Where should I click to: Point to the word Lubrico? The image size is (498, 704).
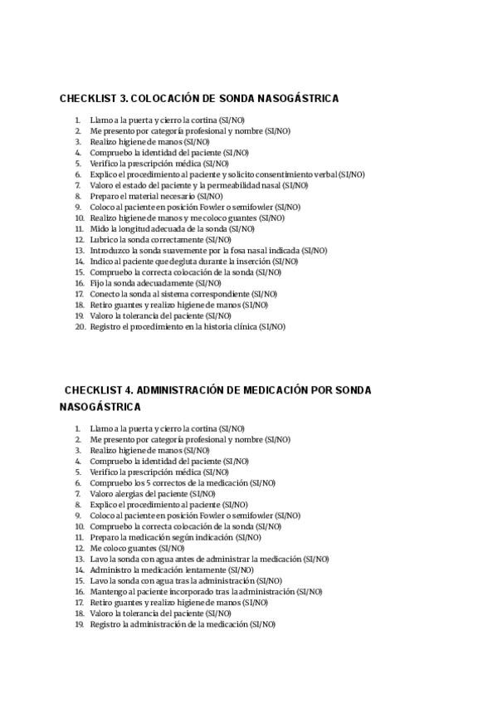[105, 240]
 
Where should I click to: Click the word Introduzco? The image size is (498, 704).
[110, 251]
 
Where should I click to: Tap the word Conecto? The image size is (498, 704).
[105, 294]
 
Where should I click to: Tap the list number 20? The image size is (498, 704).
[80, 327]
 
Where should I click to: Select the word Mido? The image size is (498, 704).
[99, 229]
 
